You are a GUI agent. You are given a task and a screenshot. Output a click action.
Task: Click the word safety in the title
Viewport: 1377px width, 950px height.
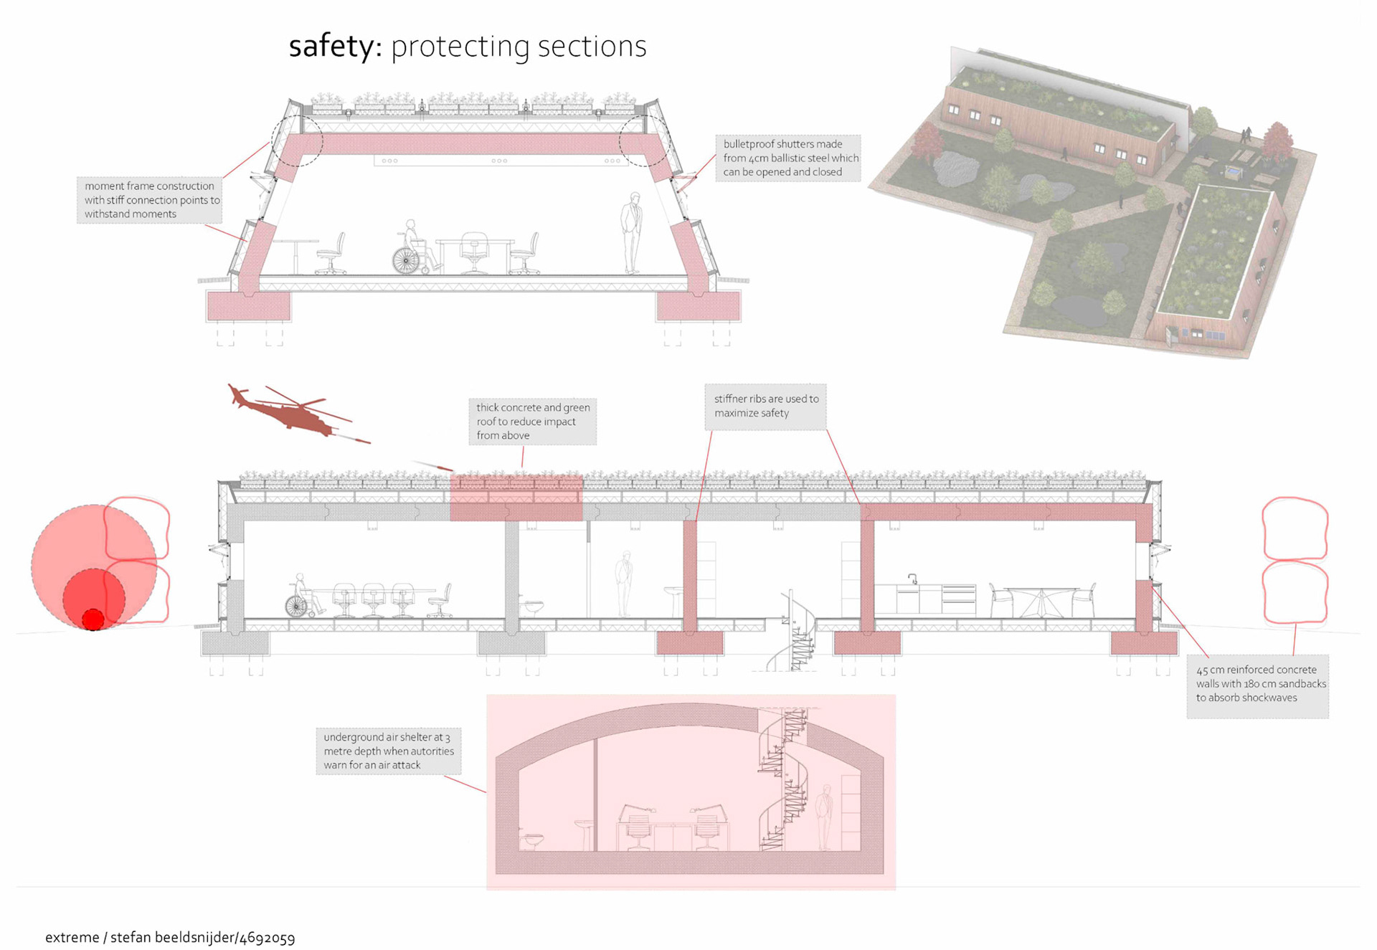pyautogui.click(x=331, y=47)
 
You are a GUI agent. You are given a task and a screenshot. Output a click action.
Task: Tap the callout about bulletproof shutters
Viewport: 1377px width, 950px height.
pyautogui.click(x=787, y=158)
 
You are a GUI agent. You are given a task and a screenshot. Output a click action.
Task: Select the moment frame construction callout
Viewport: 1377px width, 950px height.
pyautogui.click(x=149, y=200)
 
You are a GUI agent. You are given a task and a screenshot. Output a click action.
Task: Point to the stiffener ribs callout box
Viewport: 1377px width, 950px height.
pyautogui.click(x=765, y=407)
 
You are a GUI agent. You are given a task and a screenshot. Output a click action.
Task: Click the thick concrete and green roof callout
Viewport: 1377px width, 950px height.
pyautogui.click(x=532, y=422)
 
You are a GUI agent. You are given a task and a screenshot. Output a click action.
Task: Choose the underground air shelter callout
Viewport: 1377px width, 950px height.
pyautogui.click(x=388, y=751)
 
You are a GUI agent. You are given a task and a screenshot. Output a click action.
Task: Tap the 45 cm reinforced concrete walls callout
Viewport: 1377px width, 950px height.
pyautogui.click(x=1257, y=685)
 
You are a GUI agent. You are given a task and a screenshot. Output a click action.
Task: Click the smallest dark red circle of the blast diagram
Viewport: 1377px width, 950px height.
pyautogui.click(x=93, y=619)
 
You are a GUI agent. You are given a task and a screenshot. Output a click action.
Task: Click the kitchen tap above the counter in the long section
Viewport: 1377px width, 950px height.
pyautogui.click(x=913, y=579)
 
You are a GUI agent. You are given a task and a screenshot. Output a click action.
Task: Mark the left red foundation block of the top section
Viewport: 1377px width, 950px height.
pyautogui.click(x=248, y=305)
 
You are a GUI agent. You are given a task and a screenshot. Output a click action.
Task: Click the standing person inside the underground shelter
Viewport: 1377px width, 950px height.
pyautogui.click(x=825, y=817)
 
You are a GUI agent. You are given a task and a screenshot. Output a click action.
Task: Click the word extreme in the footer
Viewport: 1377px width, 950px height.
pyautogui.click(x=72, y=938)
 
